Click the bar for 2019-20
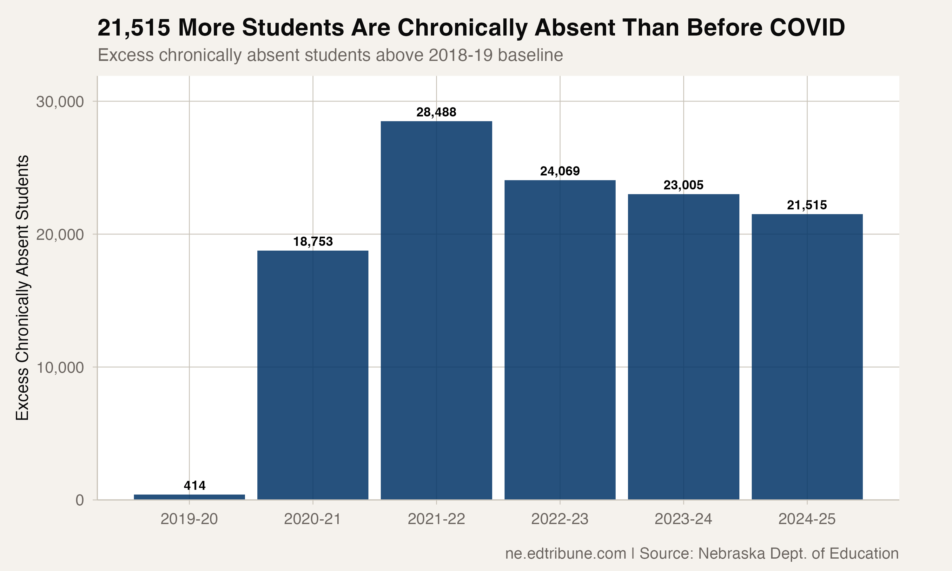click(x=189, y=497)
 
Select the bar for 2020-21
click(x=313, y=375)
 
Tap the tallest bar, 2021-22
click(x=436, y=310)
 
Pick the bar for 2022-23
click(x=559, y=340)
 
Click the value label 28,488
click(x=436, y=112)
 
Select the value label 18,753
click(x=313, y=242)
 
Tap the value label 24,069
click(x=559, y=171)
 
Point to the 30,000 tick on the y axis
click(x=60, y=102)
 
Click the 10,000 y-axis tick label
click(x=60, y=367)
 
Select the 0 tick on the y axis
click(x=80, y=500)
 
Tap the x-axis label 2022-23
click(x=559, y=519)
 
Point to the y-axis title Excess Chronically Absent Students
click(x=22, y=287)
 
